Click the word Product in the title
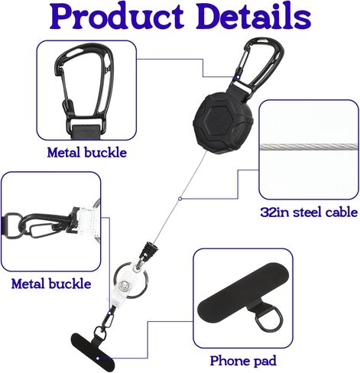118,17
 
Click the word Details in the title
254,16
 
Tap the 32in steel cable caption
309,212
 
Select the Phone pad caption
243,361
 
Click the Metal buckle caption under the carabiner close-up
87,153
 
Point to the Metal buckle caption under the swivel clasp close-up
51,284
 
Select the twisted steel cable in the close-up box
309,147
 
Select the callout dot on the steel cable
180,199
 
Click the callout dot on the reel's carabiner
238,76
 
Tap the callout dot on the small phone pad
98,358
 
